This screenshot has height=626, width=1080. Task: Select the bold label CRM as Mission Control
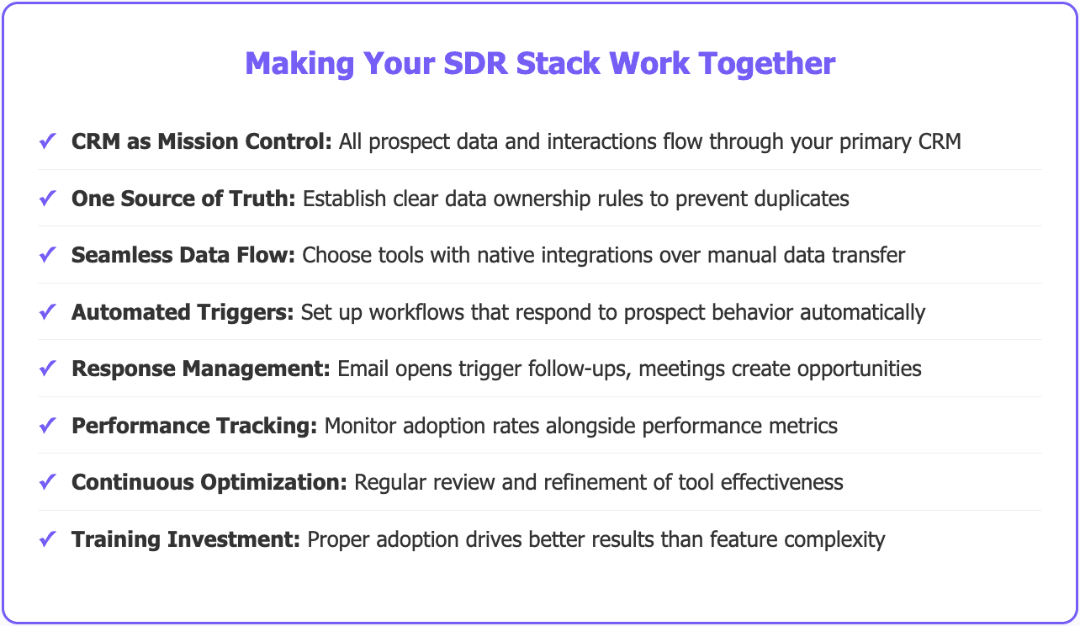202,141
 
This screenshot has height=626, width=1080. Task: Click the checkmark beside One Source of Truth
47,199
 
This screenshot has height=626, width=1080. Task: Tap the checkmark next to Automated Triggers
47,311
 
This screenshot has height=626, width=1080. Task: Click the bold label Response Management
201,369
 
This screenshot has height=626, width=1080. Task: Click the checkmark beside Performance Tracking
47,425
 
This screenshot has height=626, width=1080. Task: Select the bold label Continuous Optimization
209,482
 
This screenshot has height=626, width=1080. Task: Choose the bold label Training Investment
186,538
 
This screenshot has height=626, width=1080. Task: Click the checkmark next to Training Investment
47,538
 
